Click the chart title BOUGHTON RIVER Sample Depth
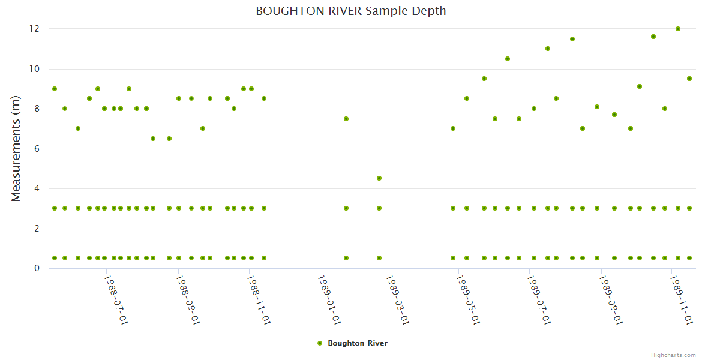click(350, 11)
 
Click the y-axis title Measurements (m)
click(16, 148)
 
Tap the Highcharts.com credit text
click(673, 355)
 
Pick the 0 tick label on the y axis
click(37, 268)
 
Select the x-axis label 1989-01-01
click(328, 299)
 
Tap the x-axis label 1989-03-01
click(397, 299)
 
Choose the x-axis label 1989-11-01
click(681, 299)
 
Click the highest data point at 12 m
click(678, 29)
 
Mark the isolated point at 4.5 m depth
click(379, 178)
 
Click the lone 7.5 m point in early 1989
click(346, 119)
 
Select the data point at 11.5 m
click(572, 39)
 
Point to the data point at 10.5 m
click(508, 59)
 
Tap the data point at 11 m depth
click(548, 49)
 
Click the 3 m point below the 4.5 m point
click(379, 208)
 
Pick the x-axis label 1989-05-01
click(468, 299)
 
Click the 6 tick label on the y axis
click(37, 149)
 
